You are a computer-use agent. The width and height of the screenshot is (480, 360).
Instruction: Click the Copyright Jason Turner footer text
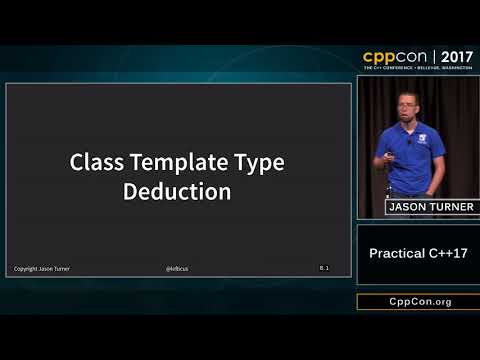[41, 269]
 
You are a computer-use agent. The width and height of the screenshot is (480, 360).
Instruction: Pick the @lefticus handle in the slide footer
[178, 269]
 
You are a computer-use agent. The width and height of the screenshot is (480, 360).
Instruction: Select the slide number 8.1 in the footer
[325, 268]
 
